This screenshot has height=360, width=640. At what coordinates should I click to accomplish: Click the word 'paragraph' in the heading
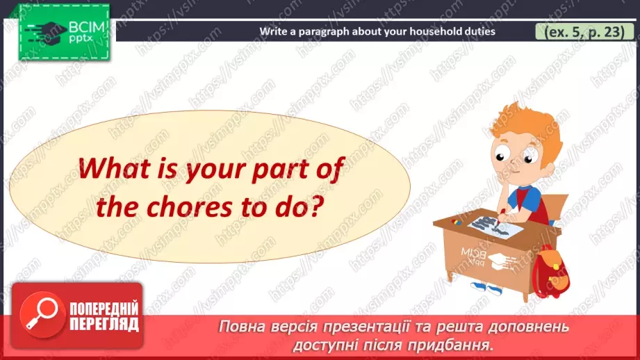click(x=325, y=31)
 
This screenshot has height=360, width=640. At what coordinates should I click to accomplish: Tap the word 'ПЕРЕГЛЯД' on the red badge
click(x=104, y=323)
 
